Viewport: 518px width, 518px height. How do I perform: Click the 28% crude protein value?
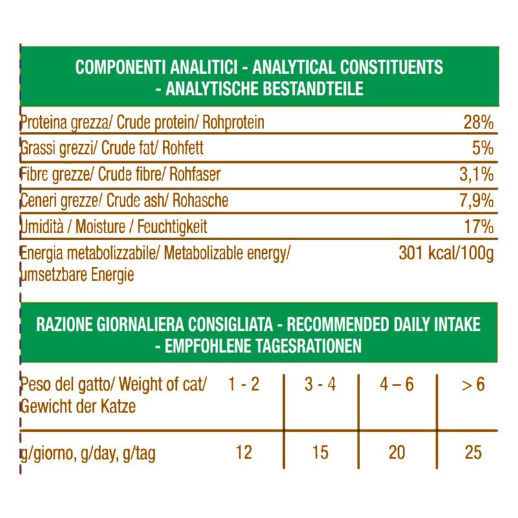pos(479,122)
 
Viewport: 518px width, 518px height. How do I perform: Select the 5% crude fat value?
pos(483,148)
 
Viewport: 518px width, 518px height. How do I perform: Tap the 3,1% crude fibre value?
pos(477,175)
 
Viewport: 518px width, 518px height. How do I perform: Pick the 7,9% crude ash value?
pos(477,201)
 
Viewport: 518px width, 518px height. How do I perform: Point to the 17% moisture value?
pos(479,227)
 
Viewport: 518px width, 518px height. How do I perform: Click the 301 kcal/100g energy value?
pos(446,253)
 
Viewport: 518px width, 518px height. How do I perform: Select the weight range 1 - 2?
pos(244,385)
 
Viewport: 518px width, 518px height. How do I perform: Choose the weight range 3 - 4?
pos(321,385)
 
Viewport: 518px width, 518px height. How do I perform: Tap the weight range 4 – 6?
pos(396,385)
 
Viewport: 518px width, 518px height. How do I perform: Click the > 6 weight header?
pos(473,385)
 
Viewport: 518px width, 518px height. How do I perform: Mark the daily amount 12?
pos(243,452)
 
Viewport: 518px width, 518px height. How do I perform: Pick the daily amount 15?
pos(321,452)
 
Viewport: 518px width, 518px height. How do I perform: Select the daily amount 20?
pos(396,452)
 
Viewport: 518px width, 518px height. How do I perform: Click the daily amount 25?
pos(473,452)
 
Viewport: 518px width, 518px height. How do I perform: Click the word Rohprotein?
pos(234,122)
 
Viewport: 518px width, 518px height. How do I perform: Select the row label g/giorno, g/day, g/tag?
pos(88,453)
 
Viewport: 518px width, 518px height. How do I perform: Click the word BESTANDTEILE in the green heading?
pos(311,89)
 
